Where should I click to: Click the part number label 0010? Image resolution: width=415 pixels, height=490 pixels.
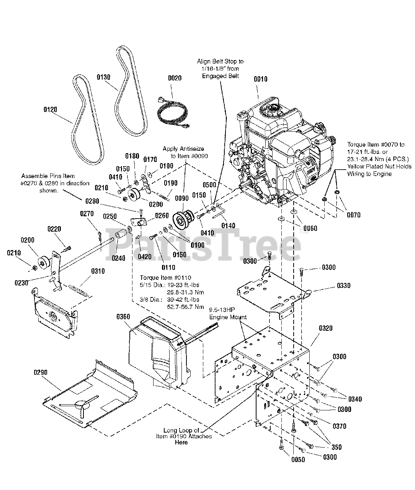coord(261,79)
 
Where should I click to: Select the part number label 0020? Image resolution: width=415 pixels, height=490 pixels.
coord(175,78)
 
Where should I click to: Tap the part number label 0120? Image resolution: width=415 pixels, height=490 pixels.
coord(50,109)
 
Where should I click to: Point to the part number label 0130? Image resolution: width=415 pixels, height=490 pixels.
coord(103,77)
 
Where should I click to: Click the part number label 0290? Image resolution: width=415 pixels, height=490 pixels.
coord(40,372)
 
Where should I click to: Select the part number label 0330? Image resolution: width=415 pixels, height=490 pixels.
coord(343,286)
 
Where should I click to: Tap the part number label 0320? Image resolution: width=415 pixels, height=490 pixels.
coord(325,328)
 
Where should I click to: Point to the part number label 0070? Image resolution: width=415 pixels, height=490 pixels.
coord(353,215)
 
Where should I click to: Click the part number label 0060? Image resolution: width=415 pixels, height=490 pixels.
coord(310,229)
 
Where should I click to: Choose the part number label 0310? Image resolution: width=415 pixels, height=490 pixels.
coord(98,271)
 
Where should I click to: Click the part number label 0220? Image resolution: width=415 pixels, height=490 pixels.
coord(54,229)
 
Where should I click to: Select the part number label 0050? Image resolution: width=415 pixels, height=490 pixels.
coord(298,460)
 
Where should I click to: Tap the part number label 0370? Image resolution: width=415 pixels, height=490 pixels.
coord(339,426)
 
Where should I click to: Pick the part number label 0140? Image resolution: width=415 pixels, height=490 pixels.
coord(229,226)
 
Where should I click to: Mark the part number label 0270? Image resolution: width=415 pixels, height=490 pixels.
coord(87,214)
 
